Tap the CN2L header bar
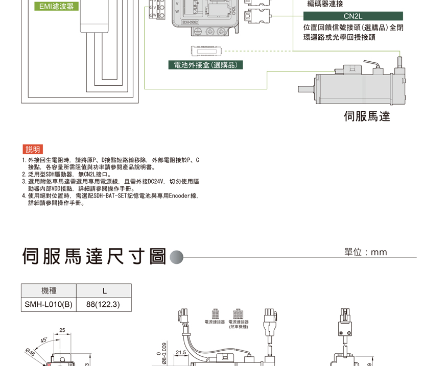tap(353, 16)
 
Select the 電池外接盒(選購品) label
tap(206, 65)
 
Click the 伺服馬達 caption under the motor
tap(367, 116)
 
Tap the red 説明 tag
tap(33, 150)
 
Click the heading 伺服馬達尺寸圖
tap(94, 257)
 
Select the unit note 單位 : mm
tap(366, 252)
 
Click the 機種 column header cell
tap(49, 291)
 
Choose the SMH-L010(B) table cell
tap(49, 304)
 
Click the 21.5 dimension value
tap(181, 353)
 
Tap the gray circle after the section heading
tap(176, 257)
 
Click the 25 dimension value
tap(62, 330)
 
